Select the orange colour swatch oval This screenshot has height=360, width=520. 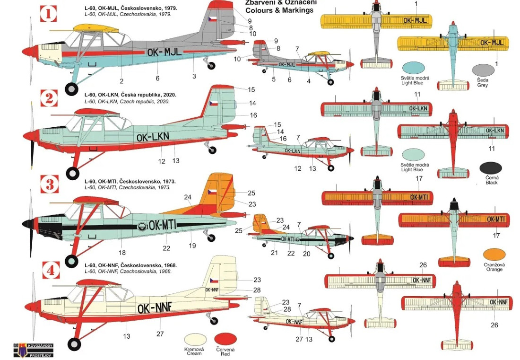pyautogui.click(x=494, y=255)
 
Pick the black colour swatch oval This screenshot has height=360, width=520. pyautogui.click(x=491, y=168)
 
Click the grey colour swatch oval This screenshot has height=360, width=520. pyautogui.click(x=483, y=70)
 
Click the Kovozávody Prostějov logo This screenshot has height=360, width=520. pyautogui.click(x=33, y=349)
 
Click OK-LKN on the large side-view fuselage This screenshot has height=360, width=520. pyautogui.click(x=152, y=137)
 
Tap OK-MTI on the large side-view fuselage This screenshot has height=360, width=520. pyautogui.click(x=162, y=225)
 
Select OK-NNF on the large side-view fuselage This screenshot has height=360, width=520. pyautogui.click(x=156, y=308)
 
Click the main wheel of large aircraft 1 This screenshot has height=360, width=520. pyautogui.click(x=71, y=88)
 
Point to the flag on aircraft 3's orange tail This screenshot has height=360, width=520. pyautogui.click(x=213, y=193)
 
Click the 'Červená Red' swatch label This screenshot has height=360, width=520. pyautogui.click(x=225, y=351)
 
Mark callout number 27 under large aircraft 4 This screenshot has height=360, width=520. pyautogui.click(x=160, y=334)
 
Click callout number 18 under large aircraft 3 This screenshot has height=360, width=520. pyautogui.click(x=122, y=253)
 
